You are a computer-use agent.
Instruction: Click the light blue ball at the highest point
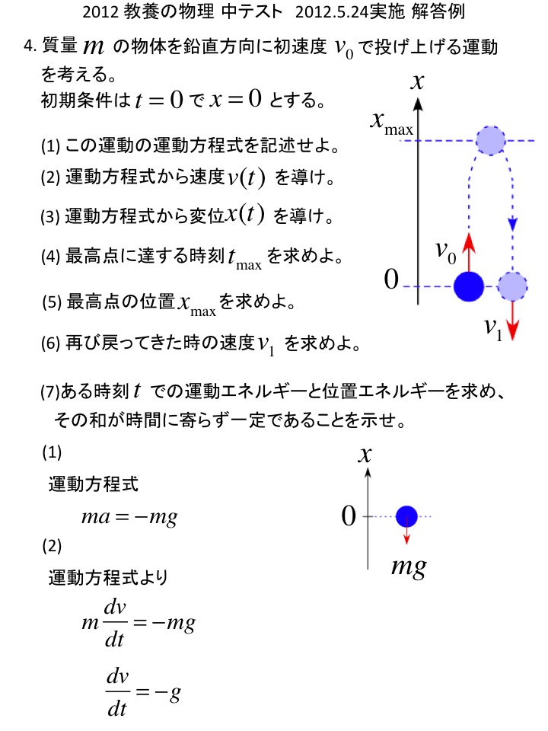(490, 140)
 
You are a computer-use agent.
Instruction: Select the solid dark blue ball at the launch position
(469, 286)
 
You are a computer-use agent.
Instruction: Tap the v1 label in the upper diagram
(493, 328)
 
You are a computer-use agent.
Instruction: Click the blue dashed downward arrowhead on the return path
(513, 225)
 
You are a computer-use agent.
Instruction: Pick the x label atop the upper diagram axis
(417, 81)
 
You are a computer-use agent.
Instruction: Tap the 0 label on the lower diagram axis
(349, 517)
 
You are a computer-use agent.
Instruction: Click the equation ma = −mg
(129, 518)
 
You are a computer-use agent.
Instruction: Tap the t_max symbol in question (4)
(244, 259)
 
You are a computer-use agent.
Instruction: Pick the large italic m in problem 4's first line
(92, 47)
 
